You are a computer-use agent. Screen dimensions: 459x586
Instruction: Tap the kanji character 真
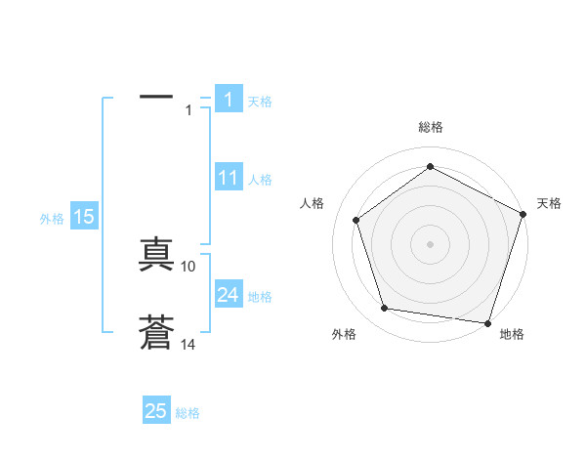[156, 256]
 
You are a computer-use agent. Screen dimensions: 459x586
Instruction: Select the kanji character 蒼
[156, 333]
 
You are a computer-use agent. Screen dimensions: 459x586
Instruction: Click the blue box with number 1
[229, 100]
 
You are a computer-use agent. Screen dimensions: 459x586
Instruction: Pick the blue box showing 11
[229, 178]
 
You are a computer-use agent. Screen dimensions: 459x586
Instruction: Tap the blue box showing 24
[229, 295]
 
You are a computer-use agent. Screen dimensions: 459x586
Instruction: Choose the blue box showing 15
[84, 217]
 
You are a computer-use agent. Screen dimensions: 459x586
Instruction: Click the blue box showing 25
[156, 411]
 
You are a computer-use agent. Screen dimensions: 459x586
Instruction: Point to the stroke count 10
[188, 266]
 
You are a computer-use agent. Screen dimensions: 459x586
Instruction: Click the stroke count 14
[188, 344]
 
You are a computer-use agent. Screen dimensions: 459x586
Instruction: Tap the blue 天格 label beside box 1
[260, 101]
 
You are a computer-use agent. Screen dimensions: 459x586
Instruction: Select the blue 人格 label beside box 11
[260, 179]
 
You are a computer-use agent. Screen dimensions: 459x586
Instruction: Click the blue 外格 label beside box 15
[52, 219]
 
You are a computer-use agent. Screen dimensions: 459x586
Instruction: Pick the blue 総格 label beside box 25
[188, 412]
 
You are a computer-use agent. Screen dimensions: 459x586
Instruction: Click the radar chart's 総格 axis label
[430, 127]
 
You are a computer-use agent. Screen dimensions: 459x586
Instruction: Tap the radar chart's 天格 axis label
[549, 203]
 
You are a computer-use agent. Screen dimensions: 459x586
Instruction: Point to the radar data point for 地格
[488, 322]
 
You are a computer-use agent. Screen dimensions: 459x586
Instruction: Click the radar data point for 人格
[356, 220]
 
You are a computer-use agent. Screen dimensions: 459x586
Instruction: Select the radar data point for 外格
[385, 309]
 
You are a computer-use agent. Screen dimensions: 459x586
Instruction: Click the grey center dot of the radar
[430, 243]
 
